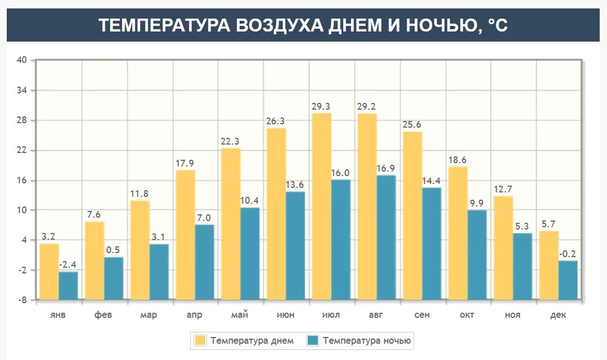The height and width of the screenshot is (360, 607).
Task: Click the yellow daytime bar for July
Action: [x=322, y=206]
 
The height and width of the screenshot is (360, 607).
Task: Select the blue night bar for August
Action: [x=386, y=237]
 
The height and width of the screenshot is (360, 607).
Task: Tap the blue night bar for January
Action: [x=68, y=285]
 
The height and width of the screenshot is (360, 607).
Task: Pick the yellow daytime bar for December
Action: [x=549, y=265]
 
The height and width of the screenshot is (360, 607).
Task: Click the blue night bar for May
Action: [x=250, y=253]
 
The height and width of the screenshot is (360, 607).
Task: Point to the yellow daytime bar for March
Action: [x=140, y=250]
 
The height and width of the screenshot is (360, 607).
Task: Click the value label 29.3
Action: [x=322, y=106]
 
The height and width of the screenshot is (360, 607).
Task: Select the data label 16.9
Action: [x=386, y=168]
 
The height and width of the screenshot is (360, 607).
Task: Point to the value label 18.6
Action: [x=457, y=160]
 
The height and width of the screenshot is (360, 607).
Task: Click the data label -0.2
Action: [x=568, y=254]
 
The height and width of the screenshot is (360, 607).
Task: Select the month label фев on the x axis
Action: [x=104, y=315]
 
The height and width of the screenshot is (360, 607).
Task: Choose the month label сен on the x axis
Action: [x=422, y=315]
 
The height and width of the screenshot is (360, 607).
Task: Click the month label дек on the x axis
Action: [x=558, y=315]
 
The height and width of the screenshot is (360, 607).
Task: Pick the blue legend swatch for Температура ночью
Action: [x=313, y=340]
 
